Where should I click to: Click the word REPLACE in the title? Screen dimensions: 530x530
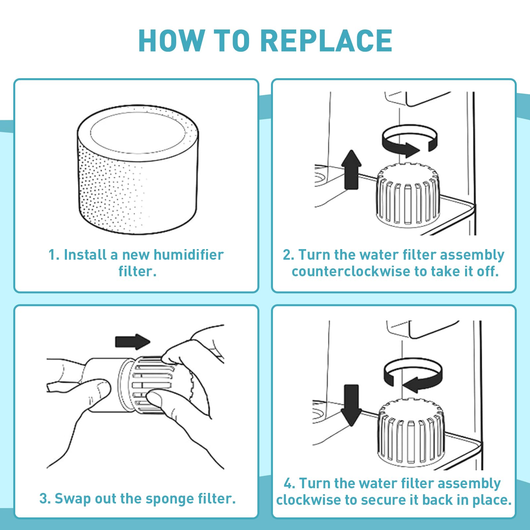point(326,40)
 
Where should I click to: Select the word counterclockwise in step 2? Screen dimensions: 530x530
point(351,271)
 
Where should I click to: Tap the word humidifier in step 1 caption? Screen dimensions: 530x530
point(188,255)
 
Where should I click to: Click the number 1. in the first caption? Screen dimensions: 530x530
point(54,255)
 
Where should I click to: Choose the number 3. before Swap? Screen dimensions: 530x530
point(45,499)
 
